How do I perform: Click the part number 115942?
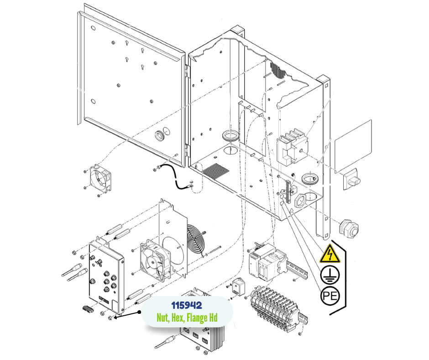[x=187, y=304]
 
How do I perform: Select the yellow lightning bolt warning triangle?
[x=330, y=254]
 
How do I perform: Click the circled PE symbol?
[x=330, y=296]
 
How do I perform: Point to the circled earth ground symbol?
[x=330, y=275]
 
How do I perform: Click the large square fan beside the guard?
[x=152, y=260]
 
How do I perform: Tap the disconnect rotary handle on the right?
[x=351, y=178]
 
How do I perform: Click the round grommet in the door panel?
[x=160, y=135]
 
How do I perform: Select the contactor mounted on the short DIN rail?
[x=264, y=264]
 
